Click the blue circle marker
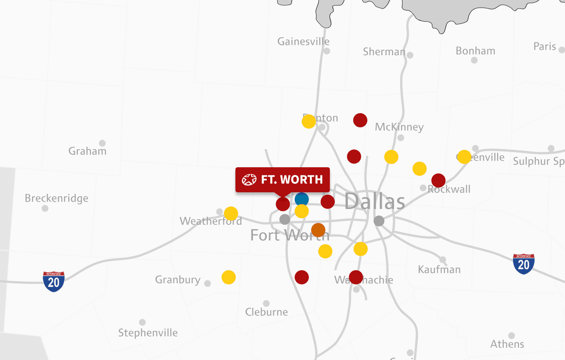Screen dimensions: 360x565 coord(302,199)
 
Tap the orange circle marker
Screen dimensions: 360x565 coord(318,230)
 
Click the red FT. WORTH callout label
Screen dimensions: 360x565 coord(282,180)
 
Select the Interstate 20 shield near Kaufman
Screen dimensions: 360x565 coord(524,264)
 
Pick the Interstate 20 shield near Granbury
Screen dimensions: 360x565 coord(54,281)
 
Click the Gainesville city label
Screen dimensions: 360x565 coord(303,41)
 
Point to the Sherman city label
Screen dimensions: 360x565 coord(384,52)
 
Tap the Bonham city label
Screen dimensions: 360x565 coord(475,51)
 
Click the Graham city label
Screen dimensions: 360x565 coord(87,151)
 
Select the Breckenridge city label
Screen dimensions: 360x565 coord(56,198)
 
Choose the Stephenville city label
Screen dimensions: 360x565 coord(148,333)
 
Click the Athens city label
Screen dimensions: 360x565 coord(507,344)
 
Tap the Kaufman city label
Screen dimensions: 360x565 coord(439,270)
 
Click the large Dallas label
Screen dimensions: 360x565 coord(375,201)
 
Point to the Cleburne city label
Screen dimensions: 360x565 coord(266,312)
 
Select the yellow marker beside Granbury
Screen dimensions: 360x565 coord(228,277)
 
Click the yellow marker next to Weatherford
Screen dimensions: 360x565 coord(231,213)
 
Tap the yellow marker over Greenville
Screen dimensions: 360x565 coord(464,157)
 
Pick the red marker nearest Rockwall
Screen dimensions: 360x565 coord(438,180)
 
